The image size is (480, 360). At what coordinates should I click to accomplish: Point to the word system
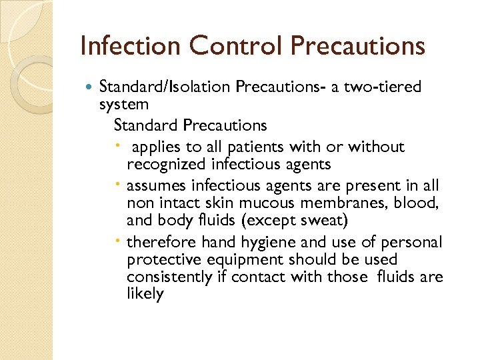point(123,104)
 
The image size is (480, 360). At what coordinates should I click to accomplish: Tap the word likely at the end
point(145,295)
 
